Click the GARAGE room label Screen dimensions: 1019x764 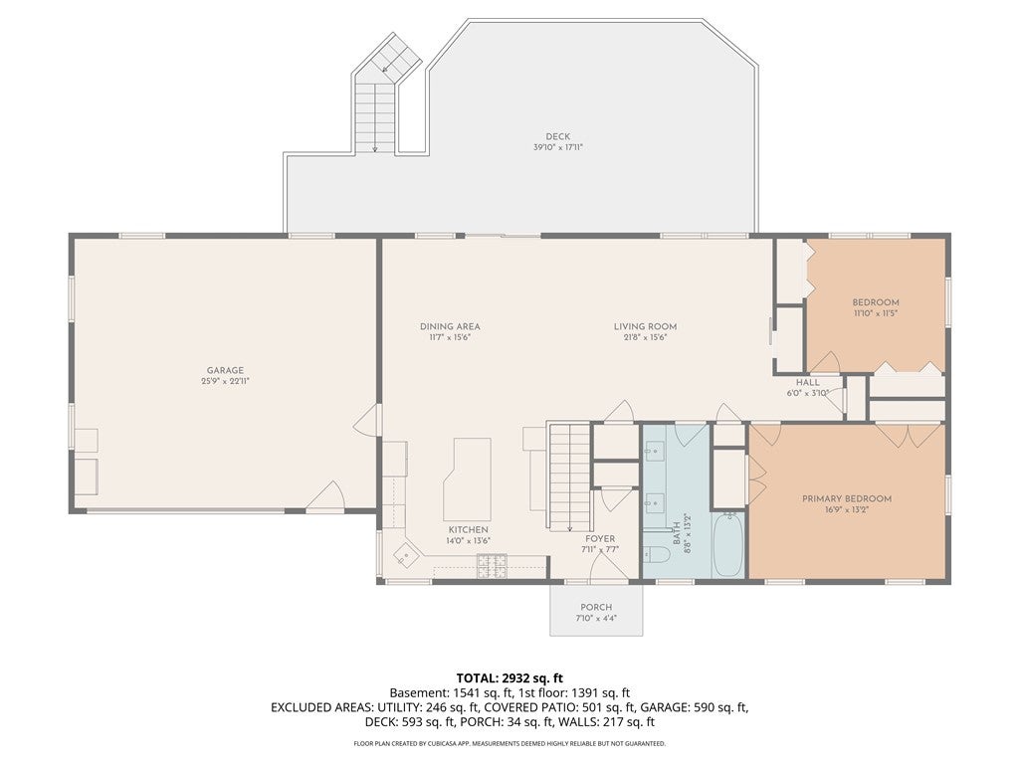(226, 370)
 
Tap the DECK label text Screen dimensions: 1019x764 (557, 136)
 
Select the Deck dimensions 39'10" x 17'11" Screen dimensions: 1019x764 (557, 147)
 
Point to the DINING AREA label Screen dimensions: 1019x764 (450, 326)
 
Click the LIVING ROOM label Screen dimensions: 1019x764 (645, 326)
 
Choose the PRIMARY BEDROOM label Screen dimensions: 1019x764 (847, 499)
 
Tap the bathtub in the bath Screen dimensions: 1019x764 (727, 544)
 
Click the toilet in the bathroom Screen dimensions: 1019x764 (657, 554)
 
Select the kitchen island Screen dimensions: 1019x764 (467, 478)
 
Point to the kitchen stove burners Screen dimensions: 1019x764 (492, 566)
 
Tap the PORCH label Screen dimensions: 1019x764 (597, 608)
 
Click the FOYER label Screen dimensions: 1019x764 (600, 538)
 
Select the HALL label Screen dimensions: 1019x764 (808, 383)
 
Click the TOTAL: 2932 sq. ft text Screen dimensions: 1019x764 (509, 678)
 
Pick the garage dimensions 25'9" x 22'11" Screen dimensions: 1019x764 (226, 381)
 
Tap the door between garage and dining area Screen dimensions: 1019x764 (368, 421)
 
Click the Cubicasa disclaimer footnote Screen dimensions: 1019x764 (509, 743)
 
